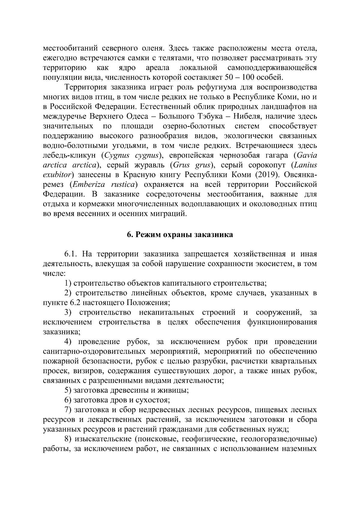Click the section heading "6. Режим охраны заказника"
(x=180, y=235)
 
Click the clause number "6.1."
(x=72, y=254)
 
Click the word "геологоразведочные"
(x=281, y=439)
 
